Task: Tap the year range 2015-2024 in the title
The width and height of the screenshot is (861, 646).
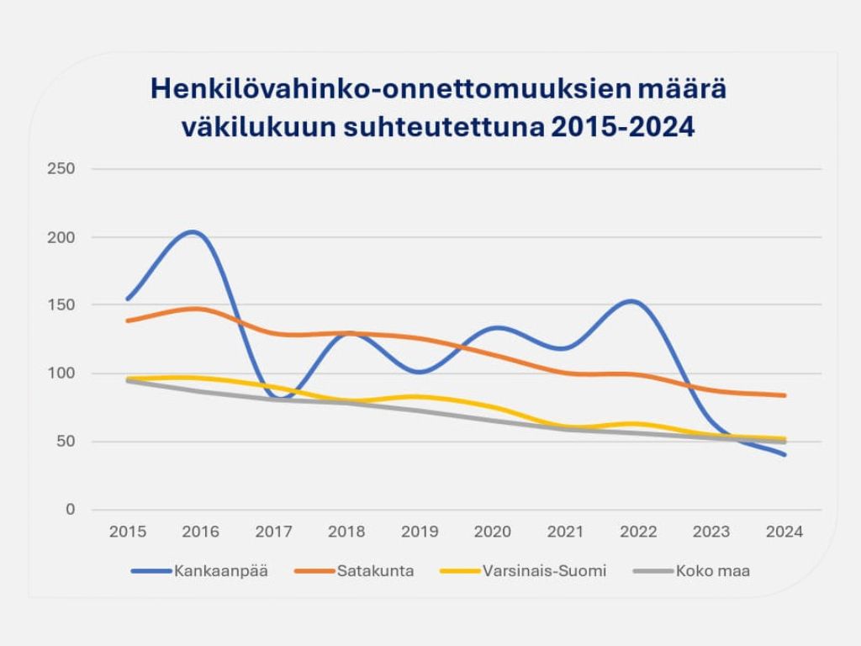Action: click(623, 128)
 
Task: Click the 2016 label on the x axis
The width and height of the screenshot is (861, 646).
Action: click(200, 532)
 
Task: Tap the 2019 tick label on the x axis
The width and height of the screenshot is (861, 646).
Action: click(420, 532)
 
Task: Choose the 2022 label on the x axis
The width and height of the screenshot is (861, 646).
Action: click(638, 532)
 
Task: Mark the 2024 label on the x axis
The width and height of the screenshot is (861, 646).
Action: click(784, 532)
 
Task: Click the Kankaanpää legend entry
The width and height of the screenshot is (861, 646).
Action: click(220, 571)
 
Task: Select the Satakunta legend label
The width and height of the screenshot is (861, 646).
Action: click(375, 571)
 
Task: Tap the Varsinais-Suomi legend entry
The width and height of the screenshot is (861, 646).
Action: click(544, 571)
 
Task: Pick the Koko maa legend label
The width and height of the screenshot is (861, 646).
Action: click(713, 571)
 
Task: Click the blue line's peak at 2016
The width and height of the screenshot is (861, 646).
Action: click(193, 231)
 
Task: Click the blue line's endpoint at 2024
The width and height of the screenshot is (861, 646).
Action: click(784, 454)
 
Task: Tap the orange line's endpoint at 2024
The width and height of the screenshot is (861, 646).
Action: click(784, 395)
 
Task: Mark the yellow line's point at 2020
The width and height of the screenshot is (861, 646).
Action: click(493, 407)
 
